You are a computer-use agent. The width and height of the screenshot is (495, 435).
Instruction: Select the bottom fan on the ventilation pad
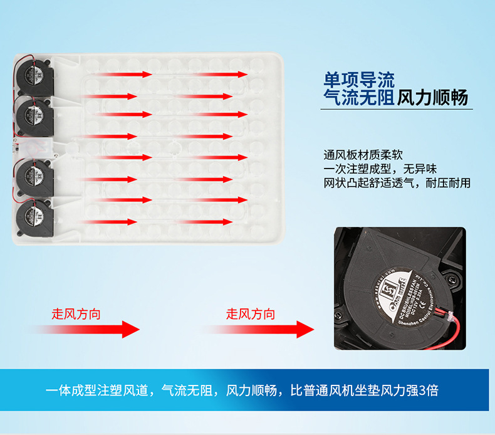(34, 216)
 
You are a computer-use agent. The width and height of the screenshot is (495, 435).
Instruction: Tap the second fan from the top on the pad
(36, 112)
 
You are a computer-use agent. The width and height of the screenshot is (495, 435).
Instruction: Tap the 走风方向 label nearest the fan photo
(250, 314)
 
